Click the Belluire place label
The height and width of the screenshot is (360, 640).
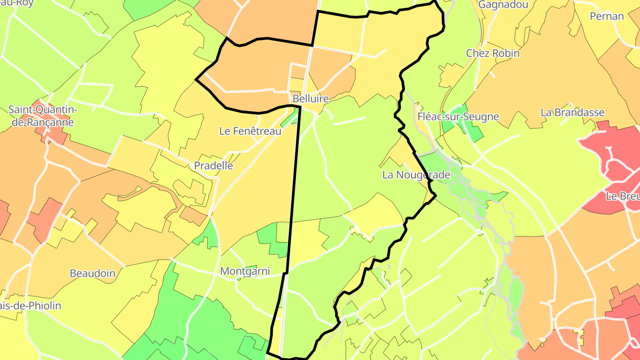pyautogui.click(x=311, y=99)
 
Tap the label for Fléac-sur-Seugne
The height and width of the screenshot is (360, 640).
pyautogui.click(x=458, y=117)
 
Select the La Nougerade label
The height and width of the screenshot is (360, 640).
pyautogui.click(x=416, y=175)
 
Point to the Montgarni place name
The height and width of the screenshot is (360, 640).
pyautogui.click(x=245, y=271)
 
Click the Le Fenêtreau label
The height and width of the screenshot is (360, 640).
pyautogui.click(x=250, y=131)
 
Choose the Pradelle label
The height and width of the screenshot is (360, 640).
pyautogui.click(x=213, y=166)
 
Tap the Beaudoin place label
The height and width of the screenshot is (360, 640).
pyautogui.click(x=92, y=273)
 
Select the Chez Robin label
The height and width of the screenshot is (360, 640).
pyautogui.click(x=492, y=53)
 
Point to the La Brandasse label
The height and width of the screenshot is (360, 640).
pyautogui.click(x=572, y=112)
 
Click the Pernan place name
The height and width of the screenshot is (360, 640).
pyautogui.click(x=607, y=16)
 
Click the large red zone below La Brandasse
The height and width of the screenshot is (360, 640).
pyautogui.click(x=613, y=151)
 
